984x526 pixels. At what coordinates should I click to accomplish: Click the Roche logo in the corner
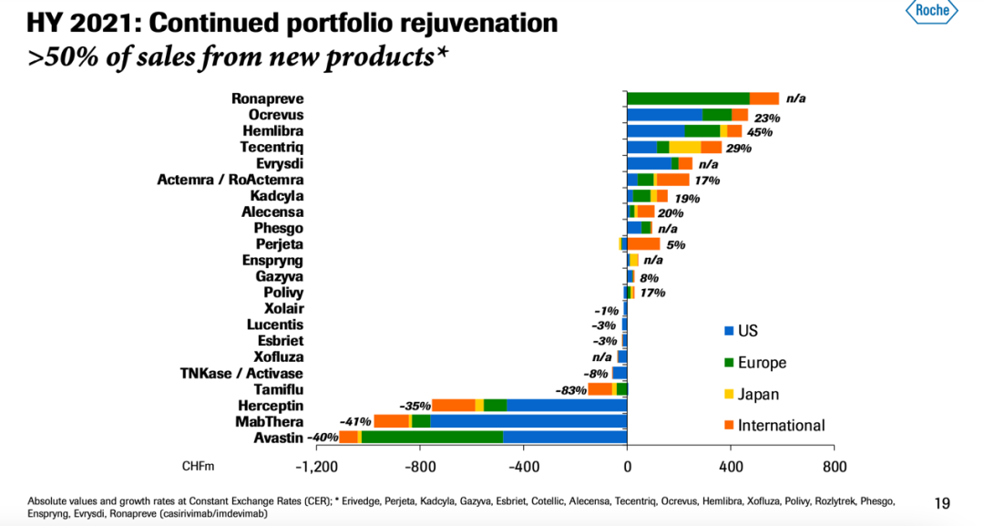pos(931,11)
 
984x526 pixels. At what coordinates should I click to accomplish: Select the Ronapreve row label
pos(267,98)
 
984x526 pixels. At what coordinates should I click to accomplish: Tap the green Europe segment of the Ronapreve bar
pos(688,98)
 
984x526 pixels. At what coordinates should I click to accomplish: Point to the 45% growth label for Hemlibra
pos(759,131)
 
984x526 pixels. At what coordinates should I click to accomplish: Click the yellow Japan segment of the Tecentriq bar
pos(685,147)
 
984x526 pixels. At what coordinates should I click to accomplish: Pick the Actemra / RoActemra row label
pos(231,180)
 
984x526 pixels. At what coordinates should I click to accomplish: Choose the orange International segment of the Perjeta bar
pos(643,244)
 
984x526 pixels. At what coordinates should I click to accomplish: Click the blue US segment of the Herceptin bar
pos(567,405)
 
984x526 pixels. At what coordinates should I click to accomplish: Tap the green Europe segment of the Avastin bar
pos(432,438)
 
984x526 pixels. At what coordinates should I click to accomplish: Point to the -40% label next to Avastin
pos(323,438)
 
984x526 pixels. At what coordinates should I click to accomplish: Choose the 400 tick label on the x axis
pos(730,467)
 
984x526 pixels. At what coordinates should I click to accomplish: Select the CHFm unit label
pos(199,467)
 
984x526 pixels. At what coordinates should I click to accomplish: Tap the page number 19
pos(942,502)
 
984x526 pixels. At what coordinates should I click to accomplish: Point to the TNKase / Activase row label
pos(241,373)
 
